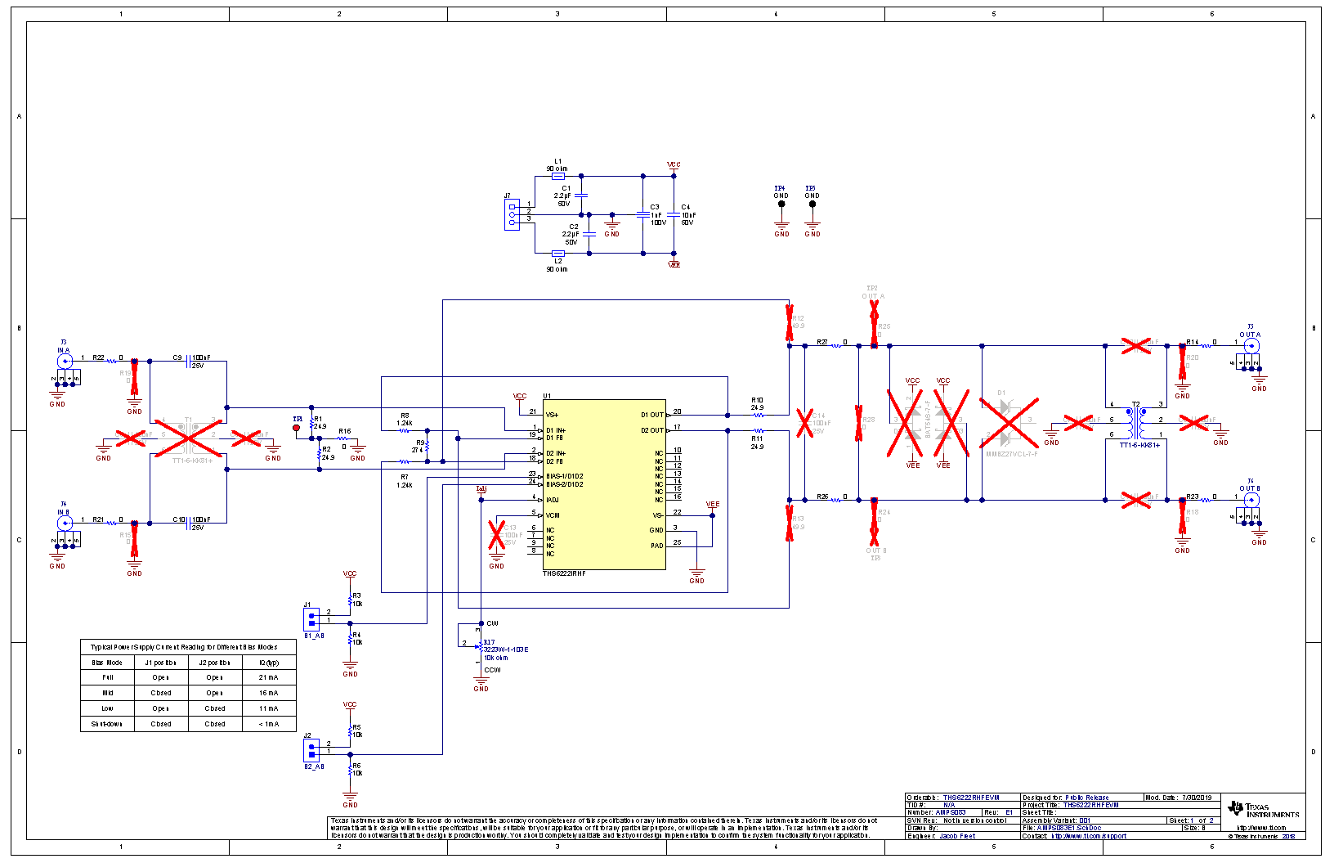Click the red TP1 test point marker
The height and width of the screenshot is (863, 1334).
coord(296,428)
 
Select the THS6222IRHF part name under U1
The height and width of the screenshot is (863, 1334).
coord(564,573)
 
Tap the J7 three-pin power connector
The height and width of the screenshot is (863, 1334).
coord(512,214)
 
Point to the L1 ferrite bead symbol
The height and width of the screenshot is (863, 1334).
coord(558,176)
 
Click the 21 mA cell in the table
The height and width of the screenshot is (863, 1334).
coord(268,677)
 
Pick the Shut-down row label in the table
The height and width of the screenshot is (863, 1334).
coord(107,724)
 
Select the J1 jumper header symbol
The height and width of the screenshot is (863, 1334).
coord(311,616)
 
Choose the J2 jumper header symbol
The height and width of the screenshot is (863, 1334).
coord(311,748)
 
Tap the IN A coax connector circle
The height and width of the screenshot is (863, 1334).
coord(65,360)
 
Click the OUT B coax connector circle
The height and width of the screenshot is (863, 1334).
coord(1251,498)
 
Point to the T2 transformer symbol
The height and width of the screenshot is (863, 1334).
coord(1136,423)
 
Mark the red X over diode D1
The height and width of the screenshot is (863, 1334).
coord(1009,423)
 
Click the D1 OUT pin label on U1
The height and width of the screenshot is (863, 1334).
coord(651,415)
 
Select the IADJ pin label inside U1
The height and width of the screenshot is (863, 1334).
coord(553,500)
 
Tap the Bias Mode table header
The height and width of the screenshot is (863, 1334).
coord(107,663)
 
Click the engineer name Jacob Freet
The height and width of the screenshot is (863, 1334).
coord(957,836)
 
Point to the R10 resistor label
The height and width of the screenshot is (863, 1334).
coord(757,400)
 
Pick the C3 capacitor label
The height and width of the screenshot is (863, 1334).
coord(654,207)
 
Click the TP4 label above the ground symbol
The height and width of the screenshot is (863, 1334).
coord(780,188)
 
